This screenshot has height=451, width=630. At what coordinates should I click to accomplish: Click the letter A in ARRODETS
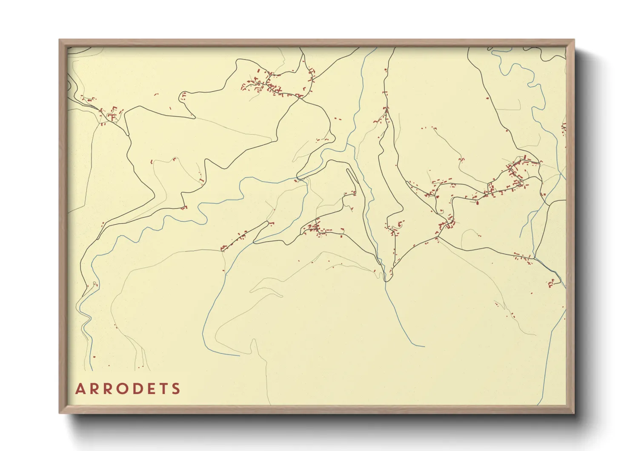[x=80, y=389]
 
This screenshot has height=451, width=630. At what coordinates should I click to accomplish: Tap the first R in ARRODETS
[x=94, y=389]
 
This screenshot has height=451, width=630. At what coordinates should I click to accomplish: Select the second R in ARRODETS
[x=109, y=389]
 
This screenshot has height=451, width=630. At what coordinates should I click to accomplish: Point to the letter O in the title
[x=124, y=389]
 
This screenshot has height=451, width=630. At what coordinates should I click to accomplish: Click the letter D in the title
[x=140, y=389]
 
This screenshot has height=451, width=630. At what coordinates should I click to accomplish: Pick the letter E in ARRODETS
[x=153, y=389]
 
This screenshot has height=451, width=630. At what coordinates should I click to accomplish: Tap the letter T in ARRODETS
[x=165, y=389]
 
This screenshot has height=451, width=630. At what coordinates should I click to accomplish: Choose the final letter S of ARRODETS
[x=177, y=389]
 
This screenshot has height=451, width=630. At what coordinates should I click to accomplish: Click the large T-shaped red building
[x=112, y=116]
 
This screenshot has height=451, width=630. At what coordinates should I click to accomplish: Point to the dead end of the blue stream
[x=424, y=346]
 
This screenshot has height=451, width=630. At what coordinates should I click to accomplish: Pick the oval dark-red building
[x=477, y=203]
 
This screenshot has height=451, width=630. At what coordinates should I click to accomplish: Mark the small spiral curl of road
[x=399, y=224]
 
